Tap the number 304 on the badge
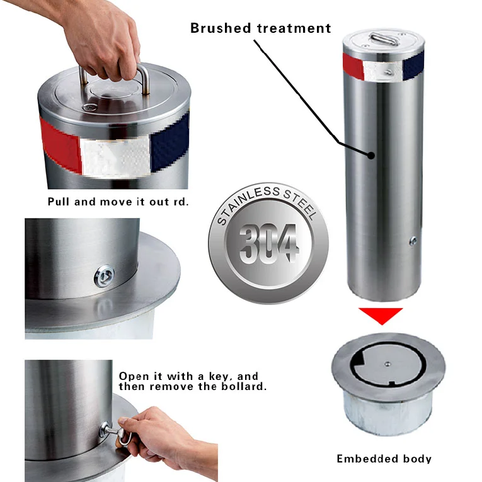[267, 242]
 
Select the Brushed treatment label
[260, 28]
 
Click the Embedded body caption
[384, 459]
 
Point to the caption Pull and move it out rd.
[118, 202]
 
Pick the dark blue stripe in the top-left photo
[172, 142]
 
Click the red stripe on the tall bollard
[353, 66]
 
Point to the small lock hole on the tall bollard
[413, 240]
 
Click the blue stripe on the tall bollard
[414, 66]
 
